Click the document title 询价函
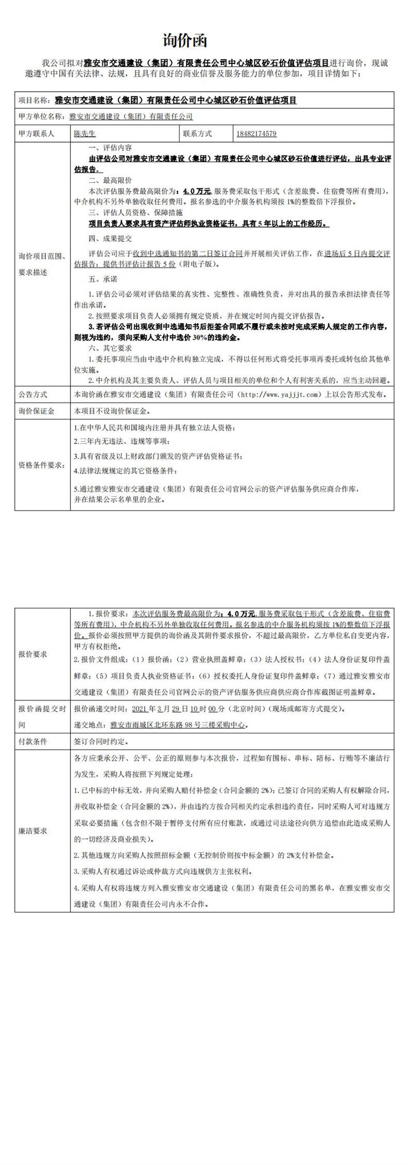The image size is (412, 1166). [x=185, y=41]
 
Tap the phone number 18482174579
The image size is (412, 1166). [x=256, y=134]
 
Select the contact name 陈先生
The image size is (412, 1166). [x=85, y=134]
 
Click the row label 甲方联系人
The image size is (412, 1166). [x=37, y=134]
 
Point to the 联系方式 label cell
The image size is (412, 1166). [x=197, y=134]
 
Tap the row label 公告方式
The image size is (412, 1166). [x=33, y=394]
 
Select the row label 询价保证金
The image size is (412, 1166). [x=37, y=411]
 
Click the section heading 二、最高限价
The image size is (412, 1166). [x=110, y=180]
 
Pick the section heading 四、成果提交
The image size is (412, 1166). [x=110, y=239]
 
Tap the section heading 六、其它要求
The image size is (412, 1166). [x=110, y=348]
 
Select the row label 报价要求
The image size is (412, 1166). [x=33, y=654]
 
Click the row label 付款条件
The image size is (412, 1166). [x=33, y=741]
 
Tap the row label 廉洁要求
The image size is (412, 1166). [x=33, y=831]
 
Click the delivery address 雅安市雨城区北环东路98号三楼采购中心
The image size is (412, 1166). [x=179, y=724]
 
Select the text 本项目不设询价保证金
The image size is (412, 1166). [x=114, y=411]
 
